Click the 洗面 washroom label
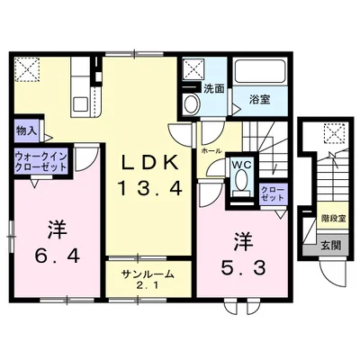tap(213, 89)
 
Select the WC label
tap(241, 165)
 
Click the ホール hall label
tap(212, 150)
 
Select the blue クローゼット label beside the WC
tap(271, 192)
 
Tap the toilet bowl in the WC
tap(240, 184)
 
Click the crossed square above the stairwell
tap(331, 135)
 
